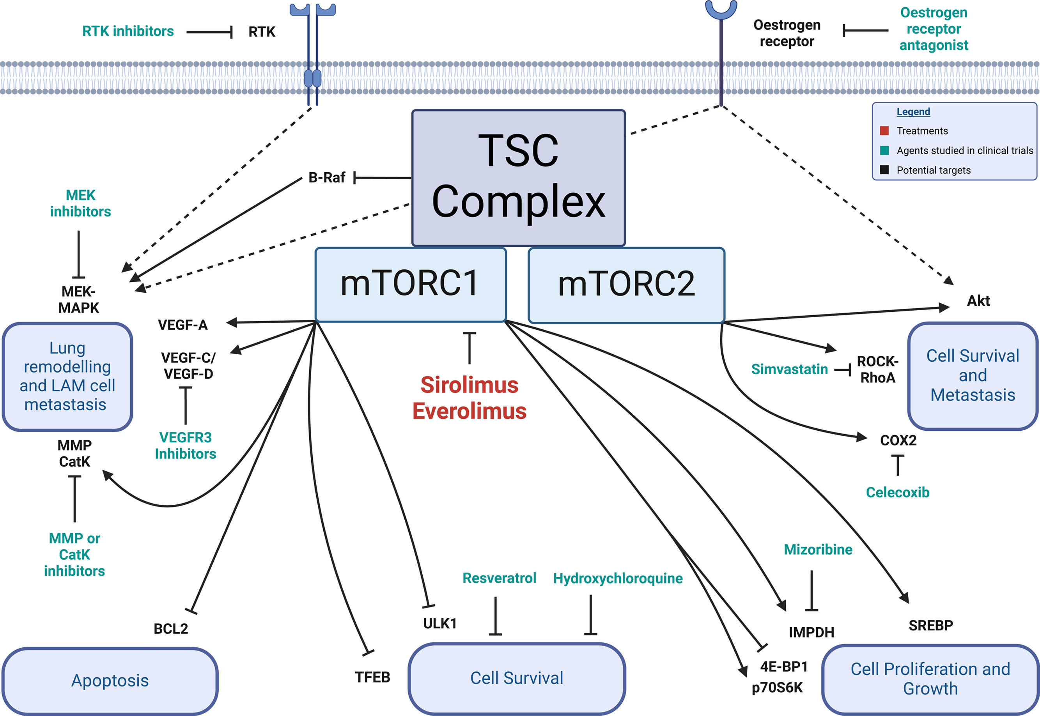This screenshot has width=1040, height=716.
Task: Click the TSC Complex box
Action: coord(518,178)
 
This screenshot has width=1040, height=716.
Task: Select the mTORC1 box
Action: coord(411,285)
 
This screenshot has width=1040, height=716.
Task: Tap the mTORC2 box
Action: coord(626,285)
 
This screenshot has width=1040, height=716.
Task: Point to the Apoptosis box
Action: coord(110,681)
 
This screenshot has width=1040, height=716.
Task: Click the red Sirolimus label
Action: coord(470,385)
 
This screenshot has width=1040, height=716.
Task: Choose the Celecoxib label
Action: coord(898,492)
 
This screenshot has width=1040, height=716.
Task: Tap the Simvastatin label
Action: coord(790,369)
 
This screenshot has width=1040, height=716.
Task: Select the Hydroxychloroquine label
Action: coord(618,578)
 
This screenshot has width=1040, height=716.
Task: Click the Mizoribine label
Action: coord(818,550)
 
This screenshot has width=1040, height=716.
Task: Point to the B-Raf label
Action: coord(327,178)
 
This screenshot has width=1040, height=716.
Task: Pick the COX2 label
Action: coord(898,440)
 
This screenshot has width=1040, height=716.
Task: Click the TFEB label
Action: coord(372,677)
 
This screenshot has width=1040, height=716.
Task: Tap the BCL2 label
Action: coord(171,629)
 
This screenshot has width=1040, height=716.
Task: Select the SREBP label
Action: coord(931,625)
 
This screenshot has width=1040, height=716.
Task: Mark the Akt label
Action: coord(978,301)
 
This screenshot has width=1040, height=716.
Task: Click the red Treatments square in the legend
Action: coord(885,131)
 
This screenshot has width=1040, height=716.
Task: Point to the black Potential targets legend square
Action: coord(885,170)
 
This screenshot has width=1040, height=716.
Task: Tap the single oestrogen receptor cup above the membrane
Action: coord(721,10)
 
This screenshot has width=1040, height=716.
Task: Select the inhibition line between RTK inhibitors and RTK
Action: coord(209,32)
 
